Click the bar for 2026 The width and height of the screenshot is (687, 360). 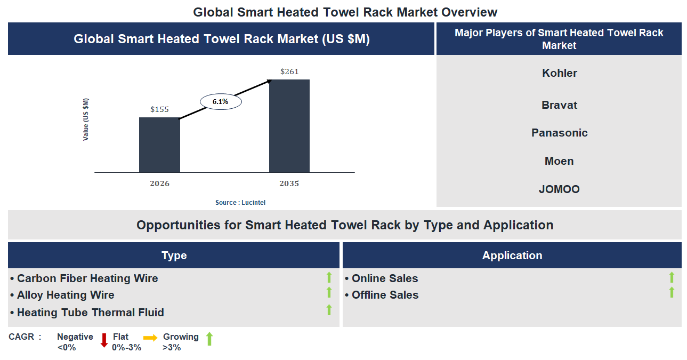point(159,145)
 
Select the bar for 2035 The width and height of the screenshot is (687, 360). point(289,126)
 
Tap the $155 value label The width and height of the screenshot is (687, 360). point(159,109)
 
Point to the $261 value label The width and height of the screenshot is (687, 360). point(289,71)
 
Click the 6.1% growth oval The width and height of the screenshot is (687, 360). point(221,101)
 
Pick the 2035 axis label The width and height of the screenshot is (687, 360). point(289,183)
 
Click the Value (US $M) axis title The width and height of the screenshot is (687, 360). point(86,119)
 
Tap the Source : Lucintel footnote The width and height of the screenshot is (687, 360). point(240,203)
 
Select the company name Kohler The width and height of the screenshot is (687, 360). point(559,73)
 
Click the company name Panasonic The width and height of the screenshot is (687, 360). point(559,133)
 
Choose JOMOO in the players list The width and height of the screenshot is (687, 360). point(559,189)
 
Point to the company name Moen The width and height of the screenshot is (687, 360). point(559,161)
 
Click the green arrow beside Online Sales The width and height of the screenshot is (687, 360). point(672,277)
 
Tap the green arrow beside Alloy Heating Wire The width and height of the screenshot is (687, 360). point(329,292)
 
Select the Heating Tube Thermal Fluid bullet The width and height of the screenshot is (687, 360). point(90,313)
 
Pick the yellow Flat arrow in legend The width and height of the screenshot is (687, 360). point(150,338)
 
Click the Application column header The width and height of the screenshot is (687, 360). point(512,255)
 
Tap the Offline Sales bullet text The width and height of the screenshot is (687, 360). point(385,295)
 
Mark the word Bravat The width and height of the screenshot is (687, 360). point(559,105)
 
